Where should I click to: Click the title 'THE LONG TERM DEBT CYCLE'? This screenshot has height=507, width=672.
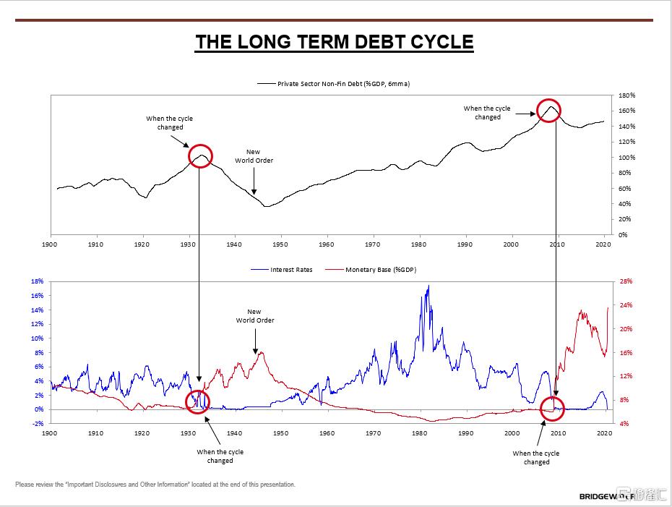tap(334, 42)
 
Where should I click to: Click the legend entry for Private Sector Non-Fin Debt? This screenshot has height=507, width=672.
tap(343, 84)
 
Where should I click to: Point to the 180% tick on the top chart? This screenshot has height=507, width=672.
tap(626, 95)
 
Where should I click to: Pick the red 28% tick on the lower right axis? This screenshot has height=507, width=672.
tap(626, 281)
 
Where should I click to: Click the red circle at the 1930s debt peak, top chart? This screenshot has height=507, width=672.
tap(200, 156)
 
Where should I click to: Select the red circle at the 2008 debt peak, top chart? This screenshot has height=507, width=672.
tap(549, 111)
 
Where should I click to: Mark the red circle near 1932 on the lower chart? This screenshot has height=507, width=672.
tap(197, 401)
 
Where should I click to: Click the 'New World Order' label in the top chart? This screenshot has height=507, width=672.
tap(254, 156)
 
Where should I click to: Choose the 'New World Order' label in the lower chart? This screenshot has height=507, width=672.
tap(255, 316)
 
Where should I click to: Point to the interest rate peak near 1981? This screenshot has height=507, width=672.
tap(428, 286)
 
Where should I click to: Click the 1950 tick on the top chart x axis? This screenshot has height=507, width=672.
tap(280, 244)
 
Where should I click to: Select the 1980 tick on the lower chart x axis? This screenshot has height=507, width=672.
tap(419, 433)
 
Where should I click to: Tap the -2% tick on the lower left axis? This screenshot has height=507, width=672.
tap(38, 424)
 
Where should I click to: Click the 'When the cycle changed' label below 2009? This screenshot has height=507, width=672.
tap(536, 458)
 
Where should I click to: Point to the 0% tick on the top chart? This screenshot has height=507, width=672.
tap(624, 234)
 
